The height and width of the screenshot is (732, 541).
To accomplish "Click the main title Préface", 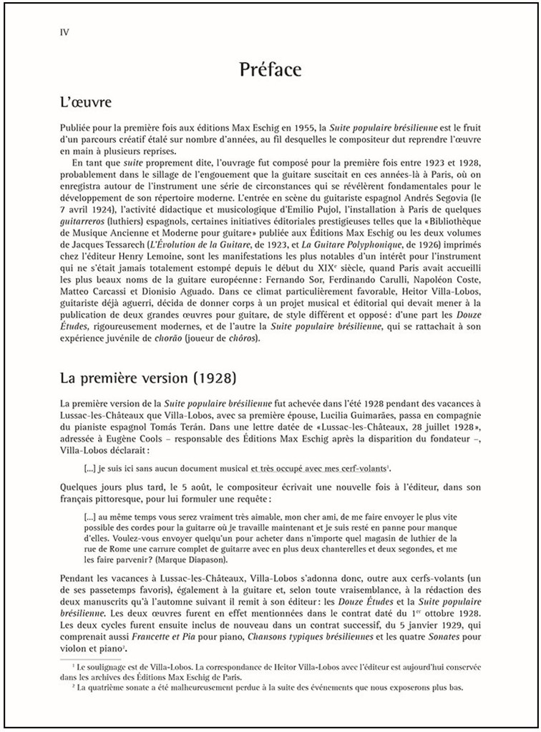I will point(270,70).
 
